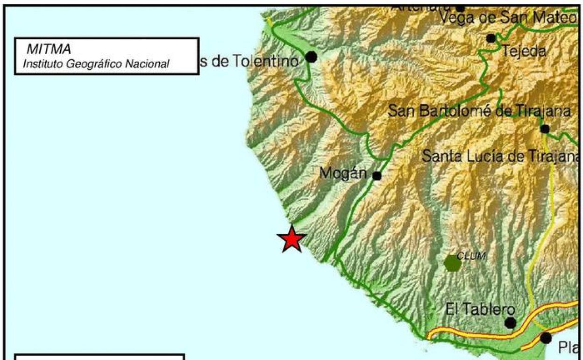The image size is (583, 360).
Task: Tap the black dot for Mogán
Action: (377, 176)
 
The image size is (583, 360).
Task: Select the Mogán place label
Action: (343, 173)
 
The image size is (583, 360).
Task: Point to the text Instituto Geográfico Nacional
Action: (96, 64)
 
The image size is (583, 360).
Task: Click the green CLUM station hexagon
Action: (453, 264)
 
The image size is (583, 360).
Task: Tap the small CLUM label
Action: (471, 256)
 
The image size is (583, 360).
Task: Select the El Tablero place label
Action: (480, 309)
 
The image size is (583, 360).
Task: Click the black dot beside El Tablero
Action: (510, 323)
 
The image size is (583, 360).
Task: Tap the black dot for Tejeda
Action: (491, 38)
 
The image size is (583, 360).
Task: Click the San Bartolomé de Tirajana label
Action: (480, 111)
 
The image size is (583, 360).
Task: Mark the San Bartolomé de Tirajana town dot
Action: (545, 129)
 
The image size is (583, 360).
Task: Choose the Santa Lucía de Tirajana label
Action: (500, 156)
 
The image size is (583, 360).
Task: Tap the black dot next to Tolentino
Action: (311, 57)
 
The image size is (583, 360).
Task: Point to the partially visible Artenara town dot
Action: (460, 8)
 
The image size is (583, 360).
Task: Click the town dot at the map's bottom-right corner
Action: (546, 338)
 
